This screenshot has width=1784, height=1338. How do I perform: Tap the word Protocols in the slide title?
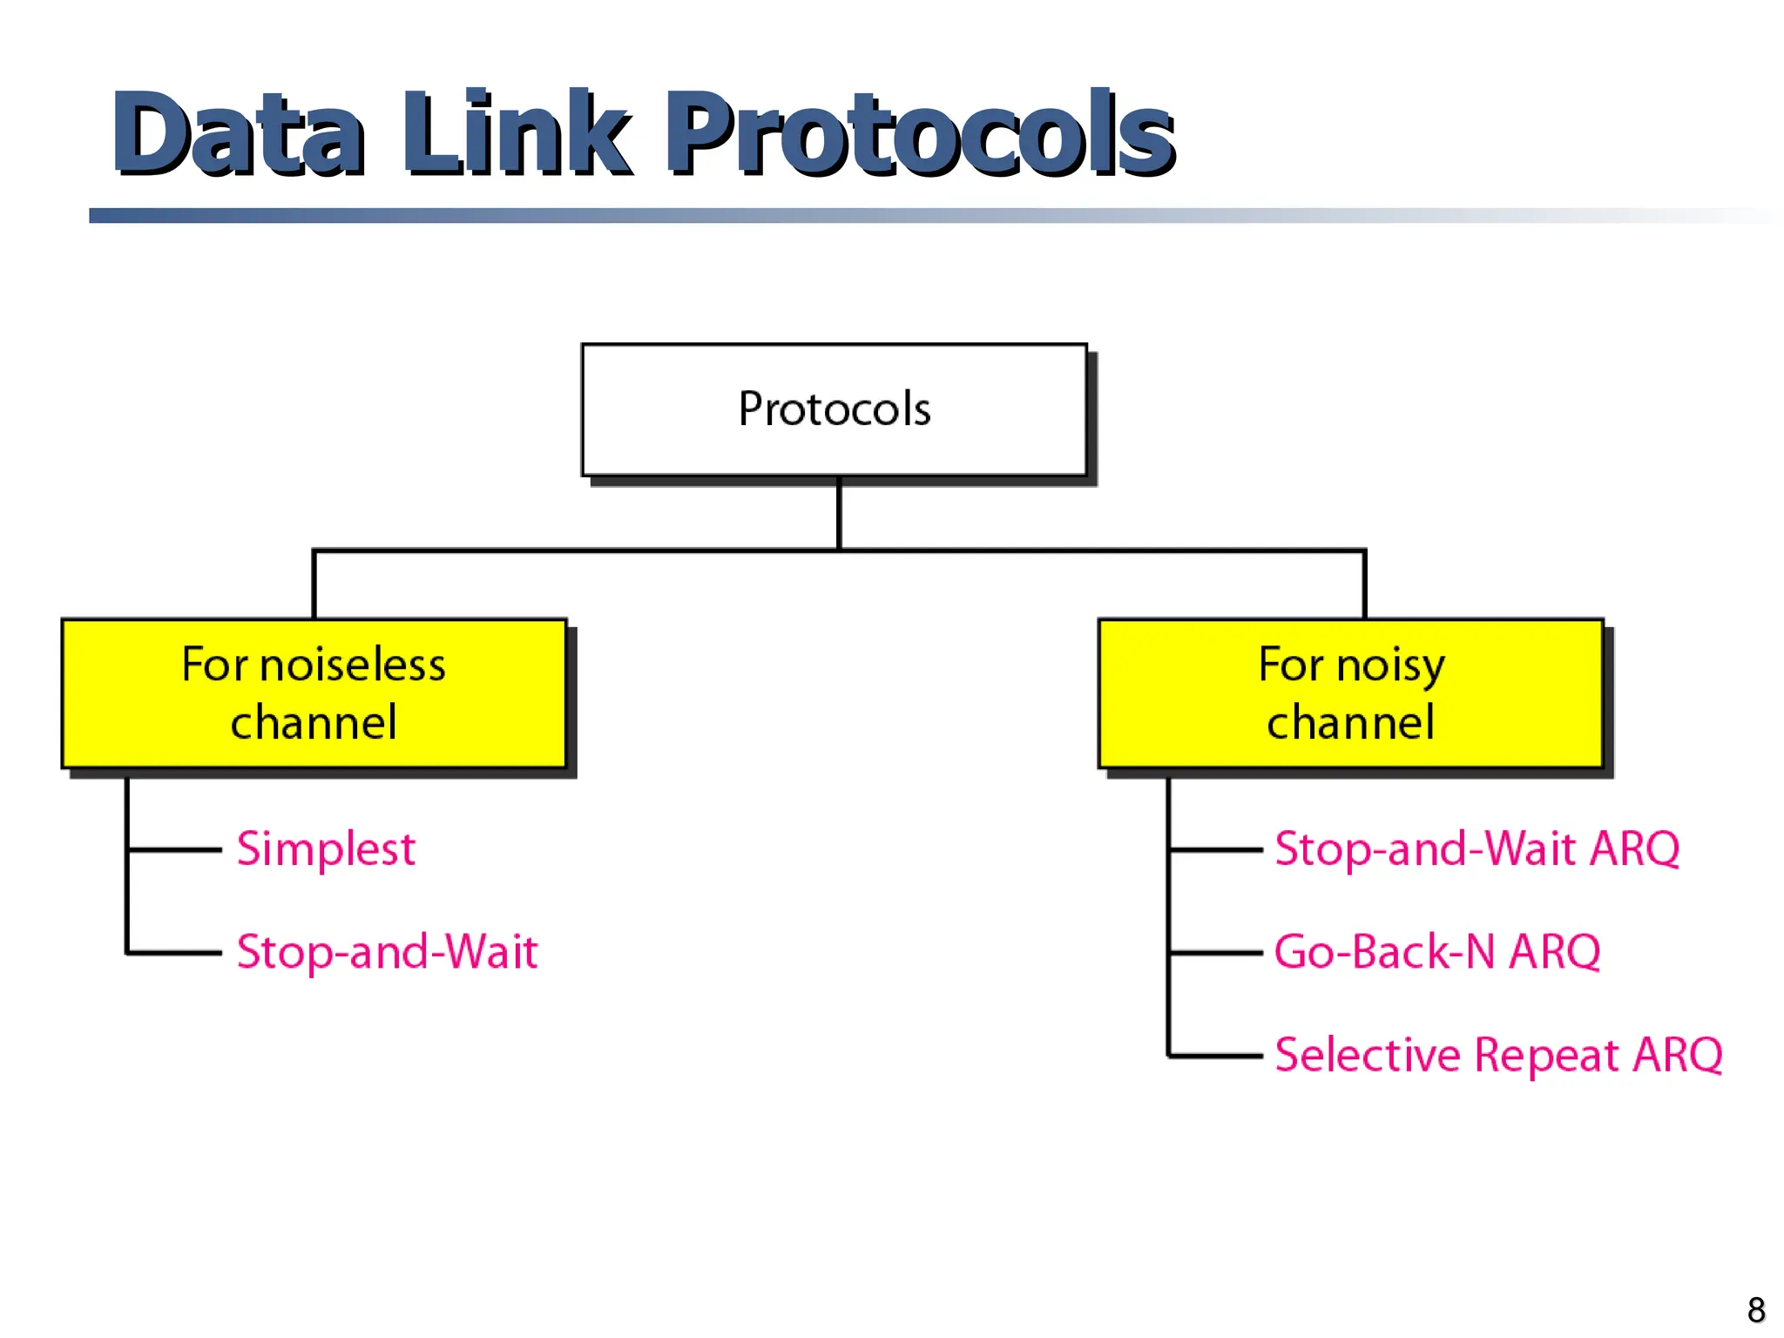point(920,135)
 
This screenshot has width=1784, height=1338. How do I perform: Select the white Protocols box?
point(834,409)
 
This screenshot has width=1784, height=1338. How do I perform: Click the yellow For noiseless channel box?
point(314,693)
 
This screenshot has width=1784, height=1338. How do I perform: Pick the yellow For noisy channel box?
point(1350,693)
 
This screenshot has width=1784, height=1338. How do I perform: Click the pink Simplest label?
point(326,848)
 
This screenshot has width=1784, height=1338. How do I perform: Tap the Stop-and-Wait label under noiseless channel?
point(387,951)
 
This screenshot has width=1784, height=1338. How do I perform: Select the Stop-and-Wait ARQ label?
point(1477,848)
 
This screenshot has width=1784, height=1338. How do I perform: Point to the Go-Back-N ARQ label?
point(1437,951)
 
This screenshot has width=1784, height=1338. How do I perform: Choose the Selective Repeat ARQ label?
point(1498,1055)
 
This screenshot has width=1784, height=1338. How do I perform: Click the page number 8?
point(1756,1310)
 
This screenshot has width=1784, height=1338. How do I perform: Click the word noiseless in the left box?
point(352,666)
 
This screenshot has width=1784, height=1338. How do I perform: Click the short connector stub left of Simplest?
point(174,848)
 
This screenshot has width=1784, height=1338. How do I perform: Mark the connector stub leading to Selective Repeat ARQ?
point(1215,1056)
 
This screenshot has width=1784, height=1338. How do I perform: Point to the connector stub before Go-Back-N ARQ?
point(1215,953)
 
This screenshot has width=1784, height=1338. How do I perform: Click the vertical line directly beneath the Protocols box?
point(839,514)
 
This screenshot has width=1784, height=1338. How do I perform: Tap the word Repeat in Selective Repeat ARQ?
point(1547,1057)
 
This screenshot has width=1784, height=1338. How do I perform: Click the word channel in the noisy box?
point(1350,723)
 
